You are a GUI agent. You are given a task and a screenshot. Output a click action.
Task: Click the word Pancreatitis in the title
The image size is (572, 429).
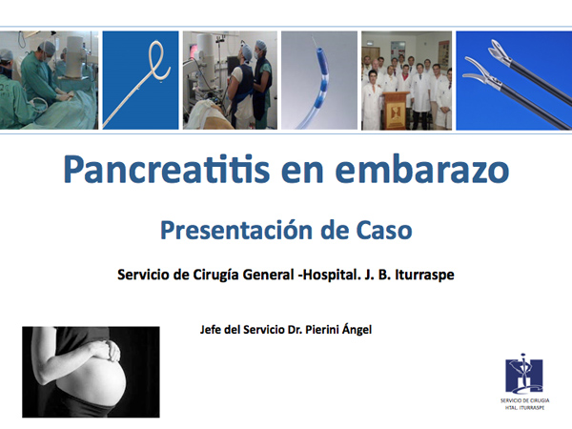[166, 170]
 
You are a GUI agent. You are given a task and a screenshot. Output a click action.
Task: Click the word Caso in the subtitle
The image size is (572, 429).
[384, 230]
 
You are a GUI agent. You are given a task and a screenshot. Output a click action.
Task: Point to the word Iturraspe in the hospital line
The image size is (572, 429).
[424, 275]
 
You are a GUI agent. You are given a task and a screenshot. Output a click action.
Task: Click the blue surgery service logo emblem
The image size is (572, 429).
[523, 375]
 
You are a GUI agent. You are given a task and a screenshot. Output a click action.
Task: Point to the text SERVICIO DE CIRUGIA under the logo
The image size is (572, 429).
[524, 400]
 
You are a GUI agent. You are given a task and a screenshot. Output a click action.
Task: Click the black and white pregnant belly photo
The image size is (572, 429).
[91, 372]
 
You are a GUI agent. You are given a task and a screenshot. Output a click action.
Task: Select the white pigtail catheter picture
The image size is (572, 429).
[140, 80]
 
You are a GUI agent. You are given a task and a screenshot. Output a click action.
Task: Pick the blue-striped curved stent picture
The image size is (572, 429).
[319, 80]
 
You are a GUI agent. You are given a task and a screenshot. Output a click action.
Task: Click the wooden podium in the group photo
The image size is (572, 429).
[395, 111]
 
